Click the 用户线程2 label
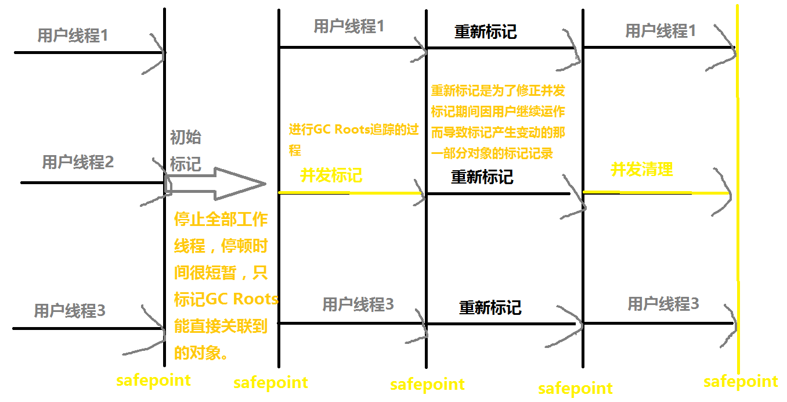78,162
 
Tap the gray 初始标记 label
186,150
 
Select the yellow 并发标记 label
331,175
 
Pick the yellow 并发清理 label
641,170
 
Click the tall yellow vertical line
738,232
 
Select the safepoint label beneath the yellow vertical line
741,381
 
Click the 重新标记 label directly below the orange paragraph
482,177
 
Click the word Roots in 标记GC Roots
255,299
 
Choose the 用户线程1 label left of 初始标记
73,35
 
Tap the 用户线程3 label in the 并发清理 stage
663,303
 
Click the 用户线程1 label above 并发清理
660,31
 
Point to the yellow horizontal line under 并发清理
656,192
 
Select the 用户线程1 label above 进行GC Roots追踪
349,26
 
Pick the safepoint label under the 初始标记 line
153,381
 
